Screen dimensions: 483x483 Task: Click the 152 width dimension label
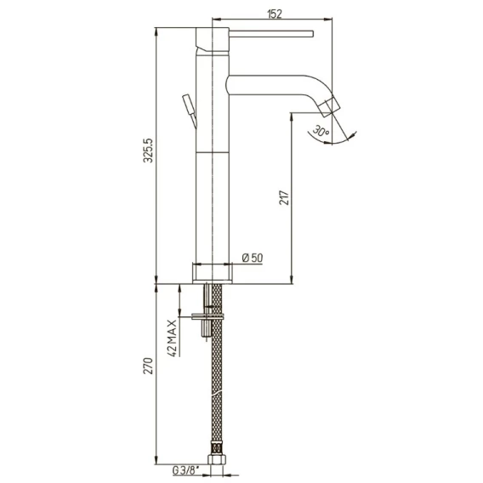click(x=275, y=14)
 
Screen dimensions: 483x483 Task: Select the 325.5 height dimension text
click(x=148, y=151)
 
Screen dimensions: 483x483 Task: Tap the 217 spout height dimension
click(x=284, y=198)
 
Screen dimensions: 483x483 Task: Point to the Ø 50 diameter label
click(x=253, y=258)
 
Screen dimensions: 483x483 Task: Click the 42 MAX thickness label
click(x=173, y=338)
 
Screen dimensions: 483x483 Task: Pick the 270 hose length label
click(x=148, y=366)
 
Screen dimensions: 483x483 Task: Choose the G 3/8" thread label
click(x=185, y=470)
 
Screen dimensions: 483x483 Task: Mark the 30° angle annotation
click(x=321, y=131)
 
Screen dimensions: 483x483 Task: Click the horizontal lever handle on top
click(x=271, y=33)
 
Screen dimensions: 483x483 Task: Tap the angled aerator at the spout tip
click(x=329, y=106)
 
